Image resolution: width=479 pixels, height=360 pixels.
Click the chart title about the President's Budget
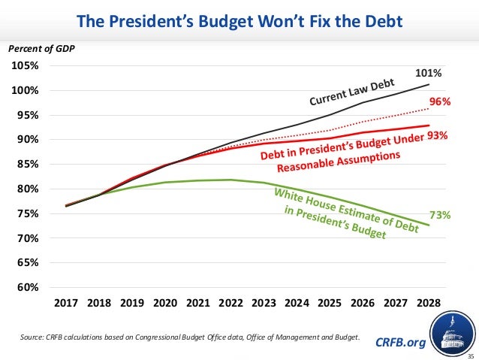tap(239, 17)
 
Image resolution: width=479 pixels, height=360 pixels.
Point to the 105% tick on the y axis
tap(25, 66)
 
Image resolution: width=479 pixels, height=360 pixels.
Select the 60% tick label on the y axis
tap(27, 287)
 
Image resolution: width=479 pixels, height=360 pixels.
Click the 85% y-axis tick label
tap(27, 165)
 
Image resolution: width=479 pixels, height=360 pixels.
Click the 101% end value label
tap(428, 73)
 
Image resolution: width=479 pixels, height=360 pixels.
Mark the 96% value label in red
tap(439, 101)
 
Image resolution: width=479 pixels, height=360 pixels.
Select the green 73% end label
tap(439, 215)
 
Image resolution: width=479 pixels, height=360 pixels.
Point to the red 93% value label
tap(439, 135)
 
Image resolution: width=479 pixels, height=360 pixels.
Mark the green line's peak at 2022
tap(232, 180)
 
